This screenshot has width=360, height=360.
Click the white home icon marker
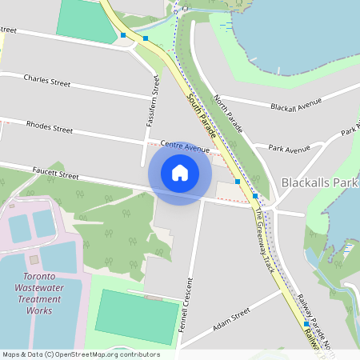pyautogui.click(x=180, y=173)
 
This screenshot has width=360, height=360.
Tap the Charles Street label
pyautogui.click(x=47, y=80)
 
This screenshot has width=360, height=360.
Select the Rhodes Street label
pyautogui.click(x=49, y=126)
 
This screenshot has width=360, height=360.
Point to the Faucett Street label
pyautogui.click(x=56, y=174)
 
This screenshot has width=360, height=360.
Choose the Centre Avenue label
pyautogui.click(x=185, y=146)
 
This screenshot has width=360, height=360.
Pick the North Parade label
pyautogui.click(x=228, y=115)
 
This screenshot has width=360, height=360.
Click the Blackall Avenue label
pyautogui.click(x=295, y=105)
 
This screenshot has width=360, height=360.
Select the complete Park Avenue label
pyautogui.click(x=289, y=149)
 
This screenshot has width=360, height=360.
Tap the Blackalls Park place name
pyautogui.click(x=319, y=183)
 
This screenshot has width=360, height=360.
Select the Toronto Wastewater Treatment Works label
pyautogui.click(x=39, y=295)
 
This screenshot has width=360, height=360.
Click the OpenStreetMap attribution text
pyautogui.click(x=80, y=354)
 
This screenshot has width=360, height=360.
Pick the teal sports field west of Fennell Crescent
pyautogui.click(x=137, y=317)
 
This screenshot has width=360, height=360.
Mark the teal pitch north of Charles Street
pyautogui.click(x=87, y=21)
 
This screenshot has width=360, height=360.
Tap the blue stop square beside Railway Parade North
pyautogui.click(x=306, y=324)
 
